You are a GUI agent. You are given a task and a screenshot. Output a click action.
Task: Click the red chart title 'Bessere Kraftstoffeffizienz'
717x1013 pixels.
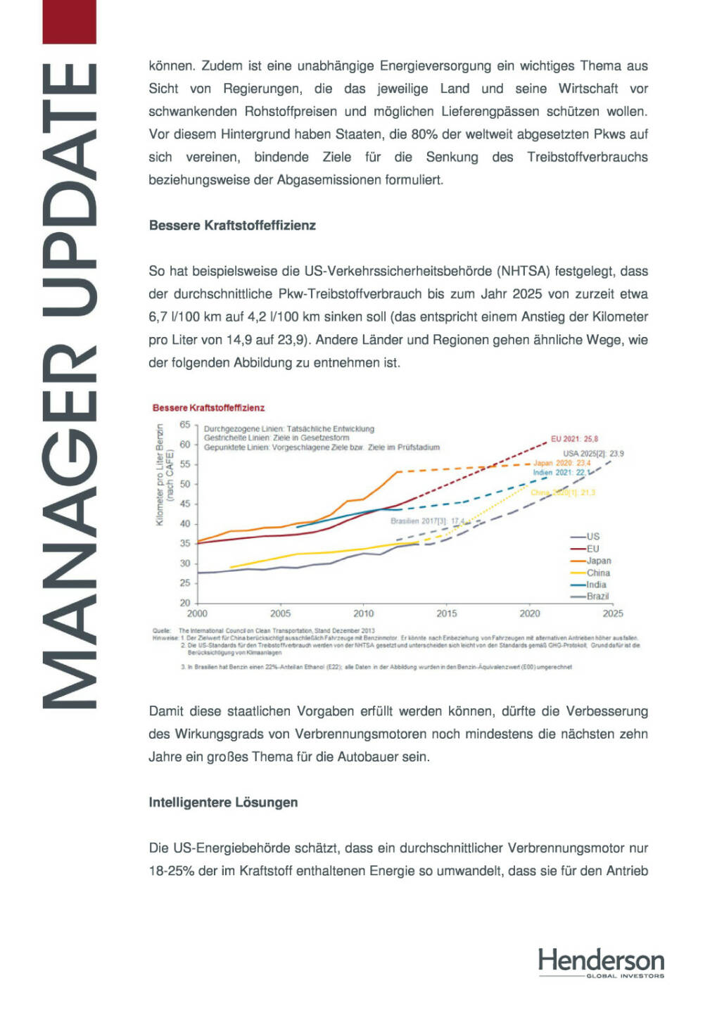point(208,408)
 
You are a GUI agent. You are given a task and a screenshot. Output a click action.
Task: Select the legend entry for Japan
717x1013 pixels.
point(598,561)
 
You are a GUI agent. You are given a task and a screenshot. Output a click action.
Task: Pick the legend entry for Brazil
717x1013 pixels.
point(597,597)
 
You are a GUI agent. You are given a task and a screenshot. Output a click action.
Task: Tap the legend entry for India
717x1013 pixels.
point(596,585)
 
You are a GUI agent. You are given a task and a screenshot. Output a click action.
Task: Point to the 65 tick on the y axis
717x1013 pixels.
point(185,425)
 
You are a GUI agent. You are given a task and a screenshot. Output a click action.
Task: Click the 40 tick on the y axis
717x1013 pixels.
point(185,524)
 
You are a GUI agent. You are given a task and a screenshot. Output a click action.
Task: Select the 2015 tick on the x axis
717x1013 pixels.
point(446,613)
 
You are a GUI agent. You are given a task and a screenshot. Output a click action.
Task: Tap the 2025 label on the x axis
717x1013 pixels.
point(612,613)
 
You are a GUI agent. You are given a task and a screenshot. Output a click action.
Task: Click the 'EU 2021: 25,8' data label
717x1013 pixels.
point(574,439)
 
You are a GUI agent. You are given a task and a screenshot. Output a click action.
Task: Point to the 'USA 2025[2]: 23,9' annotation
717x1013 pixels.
point(593,454)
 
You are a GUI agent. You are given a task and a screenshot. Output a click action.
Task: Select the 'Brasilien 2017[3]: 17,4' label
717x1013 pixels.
point(427,521)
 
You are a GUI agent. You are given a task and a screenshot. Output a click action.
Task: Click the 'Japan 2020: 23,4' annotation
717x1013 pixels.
point(561,463)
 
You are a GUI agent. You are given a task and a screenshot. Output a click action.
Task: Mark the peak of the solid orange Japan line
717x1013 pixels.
point(398,471)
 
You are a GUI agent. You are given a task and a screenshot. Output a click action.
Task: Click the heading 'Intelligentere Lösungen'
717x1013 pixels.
point(223,803)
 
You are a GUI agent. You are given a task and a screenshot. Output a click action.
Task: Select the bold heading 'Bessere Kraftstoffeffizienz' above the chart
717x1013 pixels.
point(232,226)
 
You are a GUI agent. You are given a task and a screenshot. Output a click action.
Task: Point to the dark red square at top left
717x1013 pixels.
point(69,21)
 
